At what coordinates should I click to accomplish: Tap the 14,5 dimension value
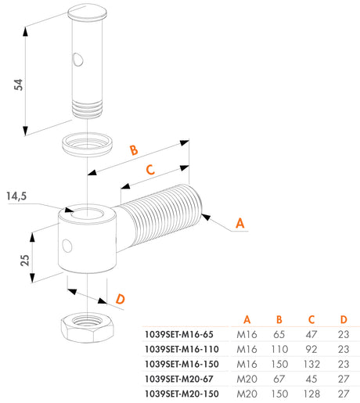(x=16, y=197)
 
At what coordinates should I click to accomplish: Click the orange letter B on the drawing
(x=133, y=149)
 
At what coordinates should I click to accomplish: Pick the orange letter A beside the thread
(x=241, y=223)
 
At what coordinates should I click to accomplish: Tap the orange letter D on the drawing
(x=120, y=299)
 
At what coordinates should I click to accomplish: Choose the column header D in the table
(x=343, y=318)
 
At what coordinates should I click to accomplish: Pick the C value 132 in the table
(x=312, y=363)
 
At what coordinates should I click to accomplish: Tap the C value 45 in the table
(x=312, y=378)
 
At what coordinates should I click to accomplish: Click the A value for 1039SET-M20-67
(x=247, y=378)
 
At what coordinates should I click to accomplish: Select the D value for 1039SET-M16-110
(x=343, y=348)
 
